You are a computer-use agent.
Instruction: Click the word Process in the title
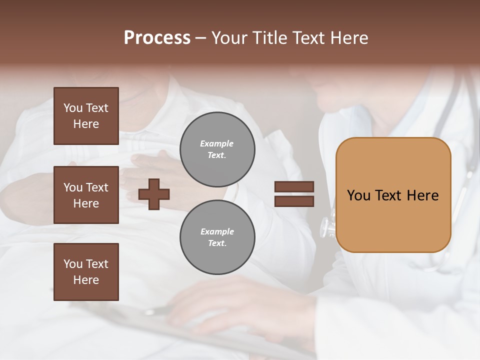tap(157, 38)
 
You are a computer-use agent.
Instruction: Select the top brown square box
tap(86, 116)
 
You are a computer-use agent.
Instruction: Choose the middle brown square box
tap(86, 195)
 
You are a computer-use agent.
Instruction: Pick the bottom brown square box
tap(86, 272)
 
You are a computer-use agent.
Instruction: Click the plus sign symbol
tap(154, 194)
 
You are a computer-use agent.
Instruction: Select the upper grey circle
tap(217, 149)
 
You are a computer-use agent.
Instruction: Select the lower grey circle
tap(217, 237)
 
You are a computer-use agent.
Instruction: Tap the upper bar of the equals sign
tap(294, 187)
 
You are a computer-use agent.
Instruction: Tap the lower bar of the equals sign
tap(294, 201)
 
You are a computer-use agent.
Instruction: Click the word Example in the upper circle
tap(217, 144)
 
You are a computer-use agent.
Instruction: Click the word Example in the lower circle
tap(217, 232)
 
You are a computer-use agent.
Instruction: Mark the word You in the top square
tap(73, 108)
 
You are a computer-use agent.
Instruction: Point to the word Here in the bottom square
tap(86, 280)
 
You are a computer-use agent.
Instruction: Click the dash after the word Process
tap(201, 38)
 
